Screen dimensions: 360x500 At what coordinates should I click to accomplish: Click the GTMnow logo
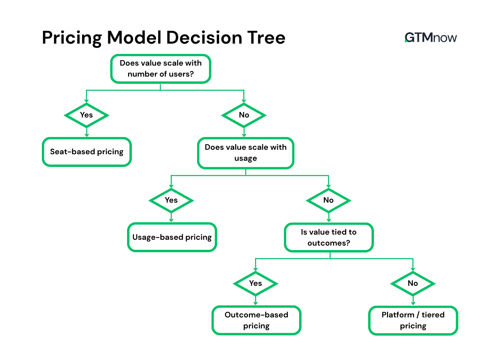[x=431, y=37]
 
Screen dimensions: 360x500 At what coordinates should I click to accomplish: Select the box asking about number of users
[x=160, y=69]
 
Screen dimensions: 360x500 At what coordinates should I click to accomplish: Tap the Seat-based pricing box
[x=87, y=152]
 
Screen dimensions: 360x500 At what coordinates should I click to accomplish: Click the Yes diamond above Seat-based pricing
[x=87, y=115]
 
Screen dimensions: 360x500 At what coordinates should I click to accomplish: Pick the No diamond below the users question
[x=244, y=115]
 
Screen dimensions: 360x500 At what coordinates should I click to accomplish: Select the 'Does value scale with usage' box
[x=246, y=153]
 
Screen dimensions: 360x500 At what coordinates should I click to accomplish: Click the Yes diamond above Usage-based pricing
[x=171, y=200]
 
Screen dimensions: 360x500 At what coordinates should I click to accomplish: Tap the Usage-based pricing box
[x=172, y=237]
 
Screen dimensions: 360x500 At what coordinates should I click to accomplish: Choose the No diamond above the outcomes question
[x=329, y=200]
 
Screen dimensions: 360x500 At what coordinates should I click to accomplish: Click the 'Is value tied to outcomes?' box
[x=329, y=237]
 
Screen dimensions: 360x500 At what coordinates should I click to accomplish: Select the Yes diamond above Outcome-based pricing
[x=255, y=283]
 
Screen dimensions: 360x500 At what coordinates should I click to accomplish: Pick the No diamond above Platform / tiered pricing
[x=413, y=283]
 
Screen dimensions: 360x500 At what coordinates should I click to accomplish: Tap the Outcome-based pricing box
[x=256, y=320]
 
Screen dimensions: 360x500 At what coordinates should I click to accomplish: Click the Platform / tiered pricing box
[x=413, y=320]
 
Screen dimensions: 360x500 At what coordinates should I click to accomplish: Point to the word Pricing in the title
[x=72, y=38]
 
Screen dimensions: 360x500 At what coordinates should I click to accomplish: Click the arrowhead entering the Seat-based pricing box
[x=87, y=135]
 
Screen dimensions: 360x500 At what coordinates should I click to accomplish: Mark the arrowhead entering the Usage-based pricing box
[x=171, y=220]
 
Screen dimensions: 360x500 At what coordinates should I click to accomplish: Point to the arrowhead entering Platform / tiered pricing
[x=413, y=303]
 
